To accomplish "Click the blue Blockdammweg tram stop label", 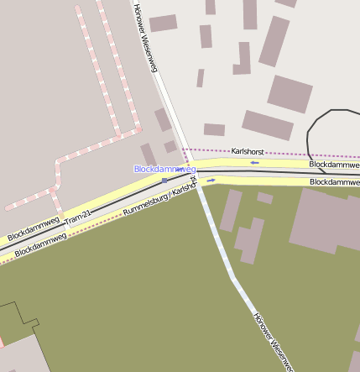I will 164,169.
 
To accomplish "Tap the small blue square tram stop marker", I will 164,180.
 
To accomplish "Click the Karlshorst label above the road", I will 248,151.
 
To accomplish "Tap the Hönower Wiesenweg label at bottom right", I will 274,339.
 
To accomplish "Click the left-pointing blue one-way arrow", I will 254,163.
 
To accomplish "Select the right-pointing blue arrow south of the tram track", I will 212,180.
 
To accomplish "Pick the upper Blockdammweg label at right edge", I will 334,165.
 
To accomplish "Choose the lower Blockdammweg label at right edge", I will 334,181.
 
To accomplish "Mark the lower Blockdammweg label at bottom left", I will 40,244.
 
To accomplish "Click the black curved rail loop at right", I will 312,134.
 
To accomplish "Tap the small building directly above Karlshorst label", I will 214,129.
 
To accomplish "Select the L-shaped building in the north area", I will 243,59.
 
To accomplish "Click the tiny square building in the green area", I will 264,198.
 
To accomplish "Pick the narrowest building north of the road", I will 201,78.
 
